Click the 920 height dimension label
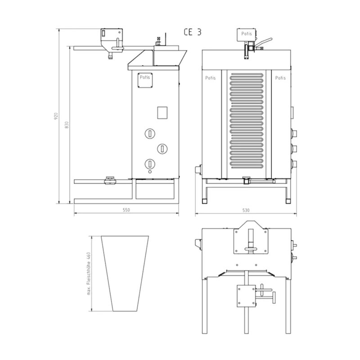click(56, 116)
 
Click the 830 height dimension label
click(67, 125)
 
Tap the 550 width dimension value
click(126, 210)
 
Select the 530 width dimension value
click(246, 210)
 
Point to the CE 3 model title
click(193, 32)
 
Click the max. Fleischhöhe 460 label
click(89, 274)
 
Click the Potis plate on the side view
click(145, 80)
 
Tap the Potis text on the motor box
click(246, 34)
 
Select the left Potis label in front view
click(210, 78)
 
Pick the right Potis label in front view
click(280, 78)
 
